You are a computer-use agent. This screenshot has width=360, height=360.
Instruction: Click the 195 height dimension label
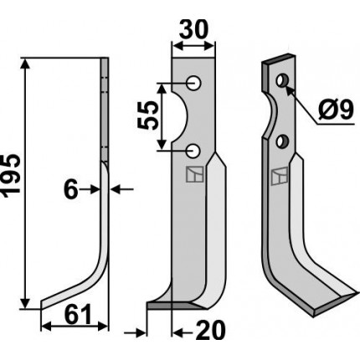[x=11, y=175]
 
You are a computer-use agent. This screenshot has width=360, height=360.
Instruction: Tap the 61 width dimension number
[x=78, y=314]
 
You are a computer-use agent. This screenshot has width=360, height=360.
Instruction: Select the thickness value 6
[x=70, y=190]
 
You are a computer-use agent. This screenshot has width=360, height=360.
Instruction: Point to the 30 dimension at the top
[x=193, y=29]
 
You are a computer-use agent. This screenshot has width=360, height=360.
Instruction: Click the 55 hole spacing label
[x=148, y=116]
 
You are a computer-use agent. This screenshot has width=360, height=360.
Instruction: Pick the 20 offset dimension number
[x=210, y=331]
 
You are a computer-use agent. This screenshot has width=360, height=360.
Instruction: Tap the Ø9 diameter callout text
[x=336, y=110]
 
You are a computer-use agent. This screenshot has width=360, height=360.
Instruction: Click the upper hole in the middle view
[x=194, y=83]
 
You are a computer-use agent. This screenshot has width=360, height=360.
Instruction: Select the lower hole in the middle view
[x=193, y=151]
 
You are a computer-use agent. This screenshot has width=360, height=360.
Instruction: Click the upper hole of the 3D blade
[x=283, y=80]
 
